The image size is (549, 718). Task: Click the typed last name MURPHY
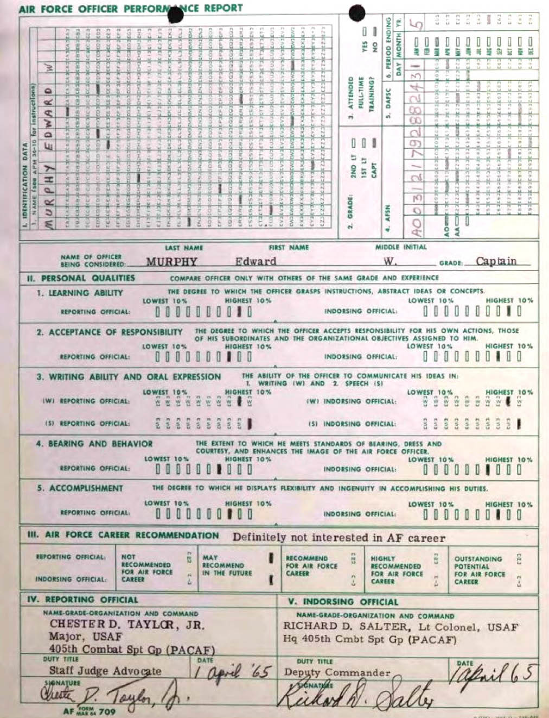[171, 262]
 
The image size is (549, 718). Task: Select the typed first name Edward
[256, 262]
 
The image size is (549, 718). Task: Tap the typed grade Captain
[496, 261]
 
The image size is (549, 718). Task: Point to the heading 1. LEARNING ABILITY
[80, 293]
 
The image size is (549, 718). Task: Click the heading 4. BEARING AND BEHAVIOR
[94, 444]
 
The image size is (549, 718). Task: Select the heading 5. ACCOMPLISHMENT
[80, 488]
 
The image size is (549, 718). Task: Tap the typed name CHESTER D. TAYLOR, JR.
[127, 625]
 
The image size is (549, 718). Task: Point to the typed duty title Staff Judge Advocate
[105, 671]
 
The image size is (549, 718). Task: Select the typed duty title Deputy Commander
[337, 672]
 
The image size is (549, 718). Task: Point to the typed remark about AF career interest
[339, 538]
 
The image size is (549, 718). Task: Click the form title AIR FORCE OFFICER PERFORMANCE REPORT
[130, 9]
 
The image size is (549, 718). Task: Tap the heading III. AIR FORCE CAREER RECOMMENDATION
[123, 535]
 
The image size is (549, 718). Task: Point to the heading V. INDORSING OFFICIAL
[343, 602]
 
